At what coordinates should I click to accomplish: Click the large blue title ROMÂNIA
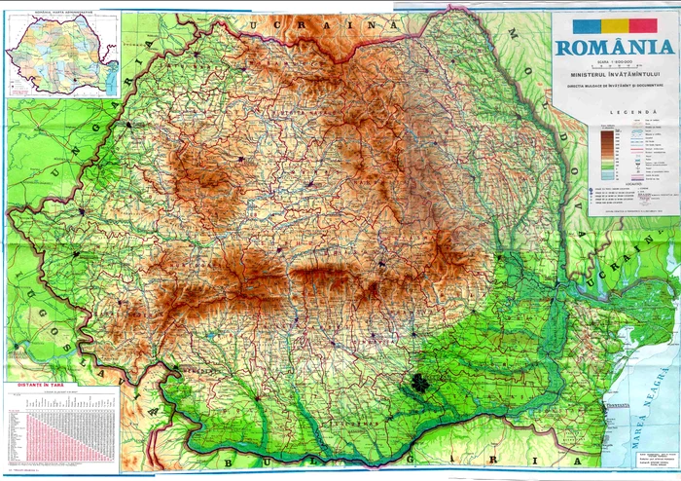click(x=613, y=47)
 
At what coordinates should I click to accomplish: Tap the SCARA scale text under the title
click(x=613, y=59)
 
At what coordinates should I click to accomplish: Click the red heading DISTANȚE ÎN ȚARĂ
click(x=40, y=387)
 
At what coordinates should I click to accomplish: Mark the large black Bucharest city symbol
click(x=418, y=384)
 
